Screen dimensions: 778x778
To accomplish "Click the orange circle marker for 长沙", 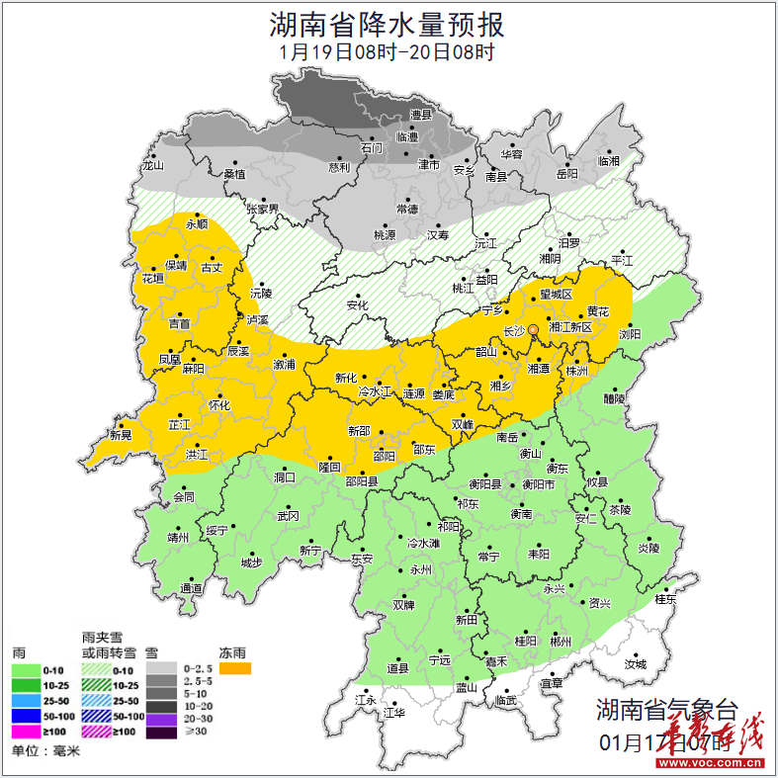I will click(x=534, y=329).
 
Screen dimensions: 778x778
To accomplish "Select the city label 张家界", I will click(x=263, y=210).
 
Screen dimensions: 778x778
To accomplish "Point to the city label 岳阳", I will click(x=566, y=174).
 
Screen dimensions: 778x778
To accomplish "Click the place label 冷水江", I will click(x=375, y=393).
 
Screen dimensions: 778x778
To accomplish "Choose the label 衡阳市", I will click(x=539, y=484).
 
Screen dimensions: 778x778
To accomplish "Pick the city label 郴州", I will click(x=561, y=641).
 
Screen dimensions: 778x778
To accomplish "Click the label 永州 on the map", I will click(x=421, y=571).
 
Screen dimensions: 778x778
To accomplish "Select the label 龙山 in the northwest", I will click(x=151, y=166).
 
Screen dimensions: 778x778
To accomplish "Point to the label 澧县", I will click(x=422, y=116).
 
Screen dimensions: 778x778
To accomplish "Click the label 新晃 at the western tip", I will click(x=121, y=435).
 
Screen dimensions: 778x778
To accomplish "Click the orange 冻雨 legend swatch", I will click(x=235, y=669).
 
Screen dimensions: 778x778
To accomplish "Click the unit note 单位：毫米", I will click(x=45, y=751).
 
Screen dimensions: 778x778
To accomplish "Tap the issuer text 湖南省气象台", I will click(x=666, y=709).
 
